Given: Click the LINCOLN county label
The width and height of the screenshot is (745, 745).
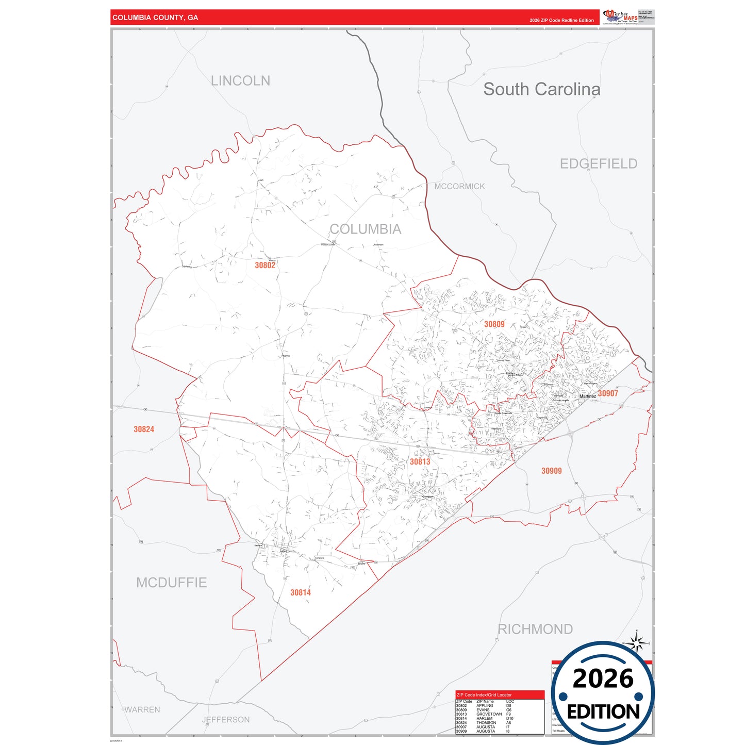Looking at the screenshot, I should (x=240, y=81).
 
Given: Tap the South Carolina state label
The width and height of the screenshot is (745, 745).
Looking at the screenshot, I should (x=541, y=89).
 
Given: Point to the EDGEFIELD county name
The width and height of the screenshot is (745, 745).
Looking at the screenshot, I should (x=599, y=164).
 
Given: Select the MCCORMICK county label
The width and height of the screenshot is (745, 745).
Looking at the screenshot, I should (x=459, y=187).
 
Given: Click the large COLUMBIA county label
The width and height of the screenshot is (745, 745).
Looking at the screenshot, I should (x=365, y=229).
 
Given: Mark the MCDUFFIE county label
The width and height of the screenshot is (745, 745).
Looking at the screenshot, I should (x=171, y=583).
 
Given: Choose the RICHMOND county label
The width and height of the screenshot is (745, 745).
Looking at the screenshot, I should (x=535, y=629).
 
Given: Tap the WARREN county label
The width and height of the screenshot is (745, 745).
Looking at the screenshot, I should (x=142, y=710).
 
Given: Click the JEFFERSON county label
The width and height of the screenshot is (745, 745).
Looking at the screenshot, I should (x=226, y=720).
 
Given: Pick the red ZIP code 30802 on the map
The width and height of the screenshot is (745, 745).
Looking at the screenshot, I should (x=265, y=266).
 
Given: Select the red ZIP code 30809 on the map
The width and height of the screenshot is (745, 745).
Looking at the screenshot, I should (x=494, y=324).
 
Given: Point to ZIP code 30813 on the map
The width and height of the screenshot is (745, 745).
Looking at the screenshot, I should (x=420, y=462).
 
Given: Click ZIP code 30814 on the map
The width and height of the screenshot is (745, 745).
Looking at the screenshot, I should (x=301, y=593).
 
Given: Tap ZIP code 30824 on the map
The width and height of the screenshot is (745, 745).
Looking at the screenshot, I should (x=144, y=429).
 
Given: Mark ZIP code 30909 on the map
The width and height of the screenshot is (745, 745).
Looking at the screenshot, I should (x=551, y=471).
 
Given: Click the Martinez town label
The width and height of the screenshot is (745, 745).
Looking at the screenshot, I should (x=587, y=396).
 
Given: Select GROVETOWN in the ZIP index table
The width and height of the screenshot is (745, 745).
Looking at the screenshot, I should (x=489, y=714).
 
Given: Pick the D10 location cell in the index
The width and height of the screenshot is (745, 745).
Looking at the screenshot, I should (x=509, y=718).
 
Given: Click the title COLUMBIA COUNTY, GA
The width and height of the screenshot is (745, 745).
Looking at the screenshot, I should (x=155, y=18).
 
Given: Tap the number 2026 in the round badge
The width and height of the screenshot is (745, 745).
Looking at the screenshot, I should (x=603, y=678).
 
